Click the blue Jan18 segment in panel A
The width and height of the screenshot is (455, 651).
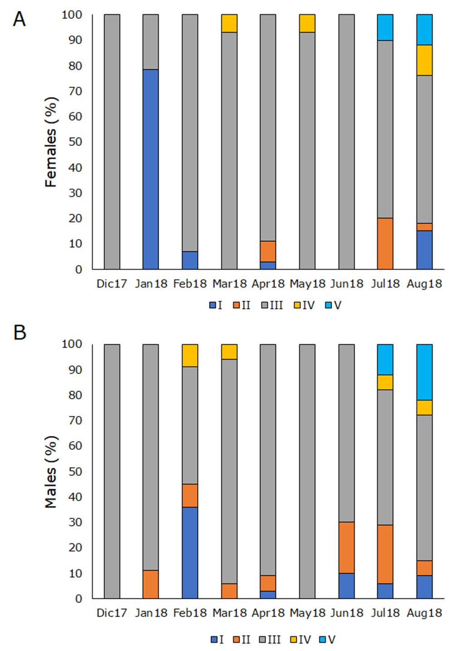click(150, 169)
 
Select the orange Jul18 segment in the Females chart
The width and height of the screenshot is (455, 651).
click(385, 244)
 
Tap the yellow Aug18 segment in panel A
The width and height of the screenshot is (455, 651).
click(424, 60)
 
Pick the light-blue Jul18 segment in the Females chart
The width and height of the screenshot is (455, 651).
click(385, 27)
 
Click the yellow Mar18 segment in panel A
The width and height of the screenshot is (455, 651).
click(229, 23)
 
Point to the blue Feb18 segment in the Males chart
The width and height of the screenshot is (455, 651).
click(190, 553)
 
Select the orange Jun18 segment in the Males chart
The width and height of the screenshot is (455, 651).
click(346, 547)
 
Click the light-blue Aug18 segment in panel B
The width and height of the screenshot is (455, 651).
click(424, 372)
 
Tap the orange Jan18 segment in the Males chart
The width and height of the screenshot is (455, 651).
click(150, 584)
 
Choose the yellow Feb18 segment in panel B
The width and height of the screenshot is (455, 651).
click(190, 355)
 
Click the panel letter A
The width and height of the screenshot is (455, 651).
click(19, 20)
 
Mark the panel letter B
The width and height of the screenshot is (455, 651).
click(19, 333)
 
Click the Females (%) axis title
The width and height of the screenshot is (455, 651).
click(51, 142)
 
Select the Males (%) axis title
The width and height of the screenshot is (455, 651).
click(51, 472)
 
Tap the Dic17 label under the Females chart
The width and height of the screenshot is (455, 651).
click(111, 284)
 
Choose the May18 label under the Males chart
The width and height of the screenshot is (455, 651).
click(307, 613)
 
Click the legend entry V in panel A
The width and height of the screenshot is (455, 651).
click(333, 305)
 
